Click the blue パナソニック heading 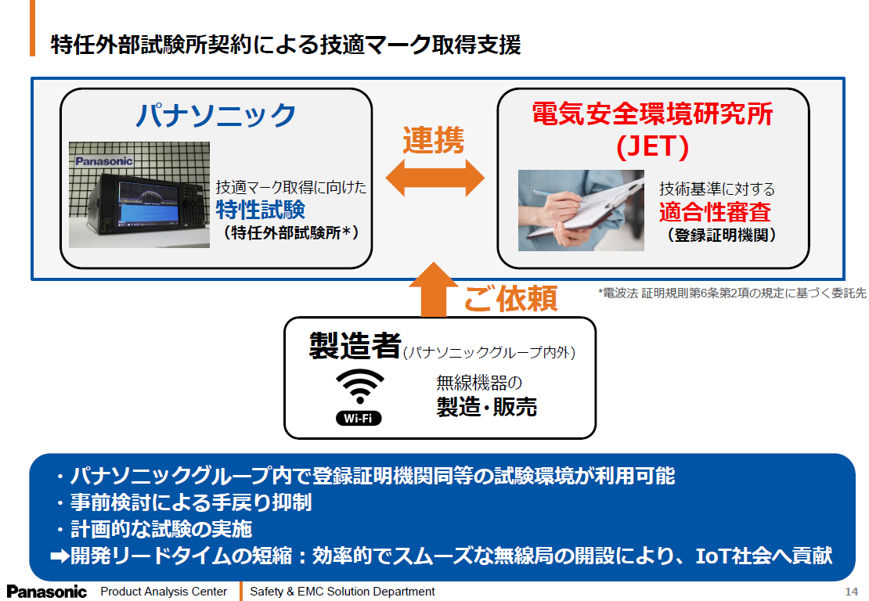216,115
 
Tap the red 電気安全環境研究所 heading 652,115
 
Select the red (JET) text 652,146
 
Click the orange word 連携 434,141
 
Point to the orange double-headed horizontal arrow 434,178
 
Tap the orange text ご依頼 510,298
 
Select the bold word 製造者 355,345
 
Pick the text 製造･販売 486,406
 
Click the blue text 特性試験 260,210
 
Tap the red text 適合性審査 715,211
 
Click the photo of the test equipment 139,195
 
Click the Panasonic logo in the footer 47,592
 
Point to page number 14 852,592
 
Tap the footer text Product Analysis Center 164,592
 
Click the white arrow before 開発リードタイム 59,556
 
